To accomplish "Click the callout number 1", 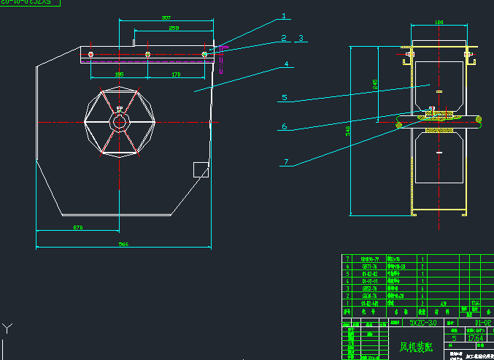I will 285,15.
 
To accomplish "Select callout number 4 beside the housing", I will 287,64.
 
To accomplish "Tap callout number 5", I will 285,96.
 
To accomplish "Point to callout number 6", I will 284,126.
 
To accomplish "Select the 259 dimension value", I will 174,28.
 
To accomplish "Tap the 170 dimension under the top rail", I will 176,74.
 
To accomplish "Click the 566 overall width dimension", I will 123,244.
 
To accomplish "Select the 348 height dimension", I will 349,129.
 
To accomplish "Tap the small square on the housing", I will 199,169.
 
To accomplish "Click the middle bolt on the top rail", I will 147,54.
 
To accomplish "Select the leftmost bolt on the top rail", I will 90,54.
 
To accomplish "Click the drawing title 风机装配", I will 416,348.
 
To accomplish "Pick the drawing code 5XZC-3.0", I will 423,321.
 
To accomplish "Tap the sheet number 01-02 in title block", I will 482,321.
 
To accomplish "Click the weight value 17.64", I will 474,338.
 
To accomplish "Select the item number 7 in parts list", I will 347,258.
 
